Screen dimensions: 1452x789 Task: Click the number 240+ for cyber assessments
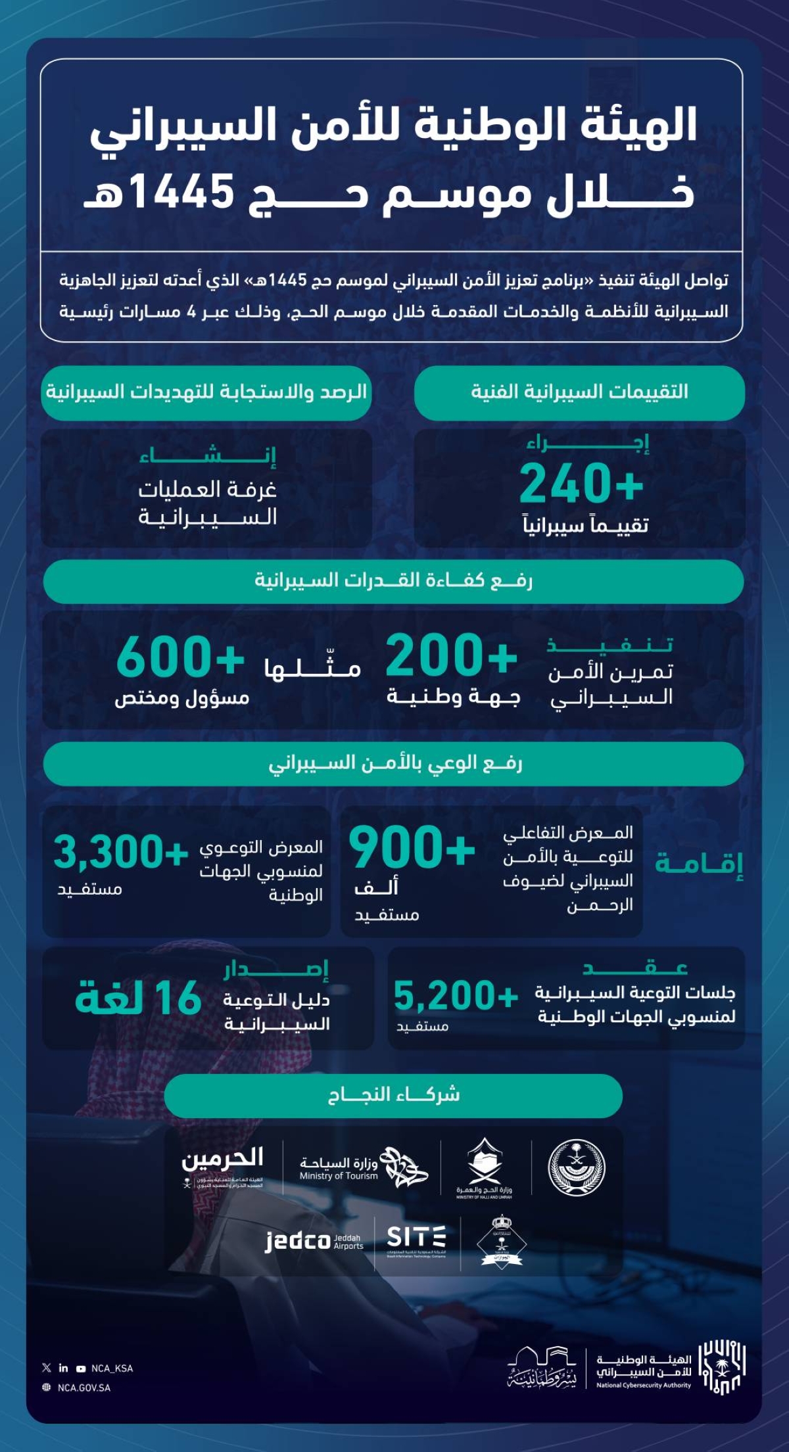[581, 484]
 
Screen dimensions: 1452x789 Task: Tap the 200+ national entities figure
[451, 656]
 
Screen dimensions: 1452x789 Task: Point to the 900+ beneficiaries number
[412, 848]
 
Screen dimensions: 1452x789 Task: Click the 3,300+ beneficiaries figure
[121, 852]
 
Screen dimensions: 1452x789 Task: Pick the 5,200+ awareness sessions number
[456, 996]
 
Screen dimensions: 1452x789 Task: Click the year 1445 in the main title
[183, 193]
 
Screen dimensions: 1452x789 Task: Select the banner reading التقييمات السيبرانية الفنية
[579, 392]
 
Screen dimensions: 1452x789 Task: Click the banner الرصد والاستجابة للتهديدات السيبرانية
[206, 392]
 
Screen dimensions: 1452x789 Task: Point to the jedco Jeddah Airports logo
[314, 1241]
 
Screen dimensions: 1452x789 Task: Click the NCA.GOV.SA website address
[84, 1388]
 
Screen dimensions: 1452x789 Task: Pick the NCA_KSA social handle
[112, 1369]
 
